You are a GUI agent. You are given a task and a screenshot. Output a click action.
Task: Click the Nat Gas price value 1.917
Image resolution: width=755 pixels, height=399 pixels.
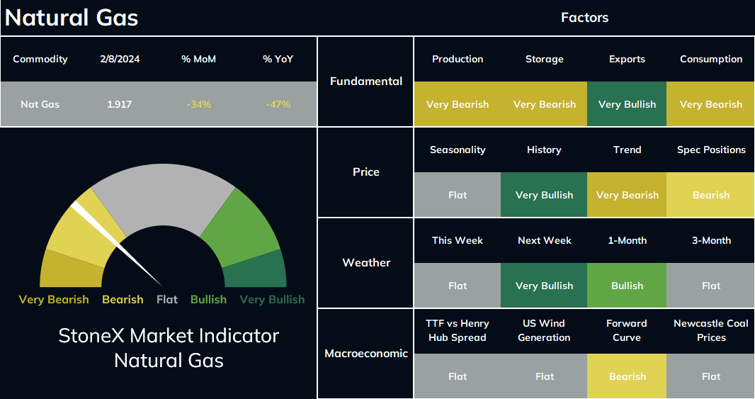tap(119, 104)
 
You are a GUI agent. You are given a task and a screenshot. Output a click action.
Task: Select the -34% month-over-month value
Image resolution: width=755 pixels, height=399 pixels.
tap(199, 104)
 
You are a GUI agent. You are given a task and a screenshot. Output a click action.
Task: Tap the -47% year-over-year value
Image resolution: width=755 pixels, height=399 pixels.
tap(278, 104)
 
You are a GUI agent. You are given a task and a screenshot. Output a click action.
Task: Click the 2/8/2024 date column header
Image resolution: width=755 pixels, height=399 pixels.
tap(120, 59)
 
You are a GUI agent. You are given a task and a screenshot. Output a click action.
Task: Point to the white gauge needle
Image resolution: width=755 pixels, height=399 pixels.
tap(117, 244)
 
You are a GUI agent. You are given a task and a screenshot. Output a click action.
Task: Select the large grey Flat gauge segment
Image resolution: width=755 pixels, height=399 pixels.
tap(163, 198)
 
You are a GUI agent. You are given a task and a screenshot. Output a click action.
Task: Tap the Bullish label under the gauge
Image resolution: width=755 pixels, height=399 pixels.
tap(208, 299)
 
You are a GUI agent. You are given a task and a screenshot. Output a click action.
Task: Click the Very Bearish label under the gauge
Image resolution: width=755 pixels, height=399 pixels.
tap(53, 299)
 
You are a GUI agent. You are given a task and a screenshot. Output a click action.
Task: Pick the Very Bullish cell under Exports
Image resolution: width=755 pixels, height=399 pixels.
tap(627, 104)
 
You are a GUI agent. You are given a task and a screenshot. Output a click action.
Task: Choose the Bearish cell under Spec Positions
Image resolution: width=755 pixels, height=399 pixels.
tap(710, 195)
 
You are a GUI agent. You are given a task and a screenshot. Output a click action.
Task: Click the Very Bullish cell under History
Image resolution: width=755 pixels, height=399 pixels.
tap(544, 195)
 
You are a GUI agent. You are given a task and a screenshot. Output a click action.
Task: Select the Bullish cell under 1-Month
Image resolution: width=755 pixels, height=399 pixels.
tap(627, 286)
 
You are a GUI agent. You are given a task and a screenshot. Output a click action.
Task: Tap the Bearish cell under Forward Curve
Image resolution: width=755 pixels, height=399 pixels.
tap(627, 376)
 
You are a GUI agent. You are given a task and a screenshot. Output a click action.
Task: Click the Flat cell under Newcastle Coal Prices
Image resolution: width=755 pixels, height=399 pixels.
tap(710, 376)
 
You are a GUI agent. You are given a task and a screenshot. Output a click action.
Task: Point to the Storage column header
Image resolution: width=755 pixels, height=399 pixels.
tap(544, 59)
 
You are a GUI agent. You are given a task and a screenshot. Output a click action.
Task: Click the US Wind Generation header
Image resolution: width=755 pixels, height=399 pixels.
tap(544, 330)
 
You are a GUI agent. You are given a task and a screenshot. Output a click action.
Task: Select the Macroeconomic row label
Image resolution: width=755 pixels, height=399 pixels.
tap(366, 353)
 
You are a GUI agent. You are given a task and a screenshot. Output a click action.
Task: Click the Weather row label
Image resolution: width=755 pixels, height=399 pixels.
tap(366, 262)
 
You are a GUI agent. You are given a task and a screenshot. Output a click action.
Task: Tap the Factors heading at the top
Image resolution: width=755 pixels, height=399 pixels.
tap(584, 17)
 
